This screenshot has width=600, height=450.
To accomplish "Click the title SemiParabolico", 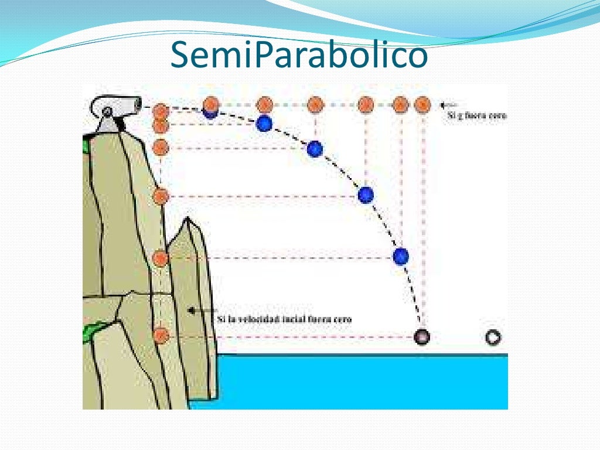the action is tap(299, 55).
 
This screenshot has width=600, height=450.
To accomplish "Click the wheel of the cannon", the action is tap(107, 112).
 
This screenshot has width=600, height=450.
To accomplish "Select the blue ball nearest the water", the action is tap(401, 256).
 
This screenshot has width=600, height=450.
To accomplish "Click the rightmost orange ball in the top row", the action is tap(422, 105).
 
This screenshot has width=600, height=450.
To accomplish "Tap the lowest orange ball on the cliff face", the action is tap(161, 335).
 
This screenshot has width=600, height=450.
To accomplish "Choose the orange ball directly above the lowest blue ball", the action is tap(400, 105).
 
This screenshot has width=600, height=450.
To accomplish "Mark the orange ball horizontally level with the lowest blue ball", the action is tap(161, 257).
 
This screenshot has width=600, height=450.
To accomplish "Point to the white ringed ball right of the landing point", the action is tap(493, 337).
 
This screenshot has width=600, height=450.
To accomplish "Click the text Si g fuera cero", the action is tap(476, 115).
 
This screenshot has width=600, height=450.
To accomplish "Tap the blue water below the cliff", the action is tap(352, 381).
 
